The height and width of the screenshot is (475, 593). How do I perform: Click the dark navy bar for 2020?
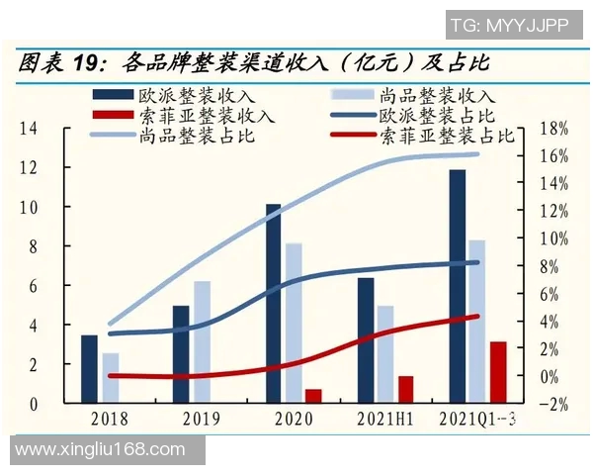pos(274,304)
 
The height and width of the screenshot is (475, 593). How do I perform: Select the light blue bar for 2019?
pos(203,342)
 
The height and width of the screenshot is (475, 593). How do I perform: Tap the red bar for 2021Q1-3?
pos(498,372)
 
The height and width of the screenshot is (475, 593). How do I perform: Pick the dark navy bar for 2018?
pos(89,369)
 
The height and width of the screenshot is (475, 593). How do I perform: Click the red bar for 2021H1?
pos(405,389)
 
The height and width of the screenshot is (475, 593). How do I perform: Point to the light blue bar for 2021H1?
pos(385,354)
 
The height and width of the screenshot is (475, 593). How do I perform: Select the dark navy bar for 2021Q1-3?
pos(457,287)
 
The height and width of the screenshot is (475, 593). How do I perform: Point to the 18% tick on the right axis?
pos(554,129)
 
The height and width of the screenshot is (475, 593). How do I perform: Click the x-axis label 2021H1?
pos(385,420)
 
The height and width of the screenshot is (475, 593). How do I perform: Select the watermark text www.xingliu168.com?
pos(101,449)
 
